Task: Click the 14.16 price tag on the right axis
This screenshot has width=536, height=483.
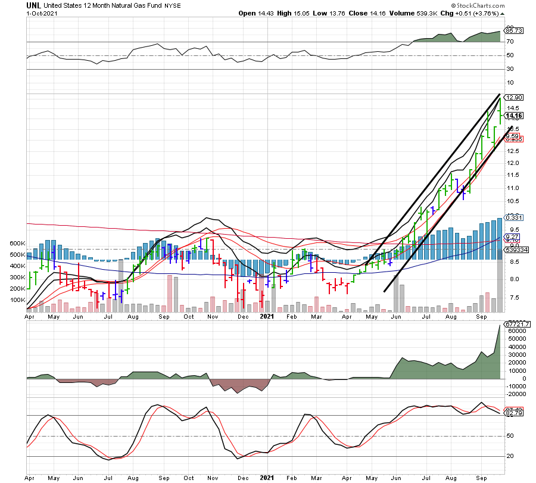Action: (x=513, y=116)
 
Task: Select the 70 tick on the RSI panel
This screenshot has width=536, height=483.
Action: (x=510, y=42)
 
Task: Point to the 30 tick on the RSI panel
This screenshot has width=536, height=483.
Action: (x=510, y=70)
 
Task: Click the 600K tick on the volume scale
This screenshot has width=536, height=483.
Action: (x=14, y=244)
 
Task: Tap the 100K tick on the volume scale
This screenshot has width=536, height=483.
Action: (x=14, y=300)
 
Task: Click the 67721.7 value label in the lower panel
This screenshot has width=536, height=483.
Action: (x=516, y=324)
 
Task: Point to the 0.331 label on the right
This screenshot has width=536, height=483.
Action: (x=513, y=219)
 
